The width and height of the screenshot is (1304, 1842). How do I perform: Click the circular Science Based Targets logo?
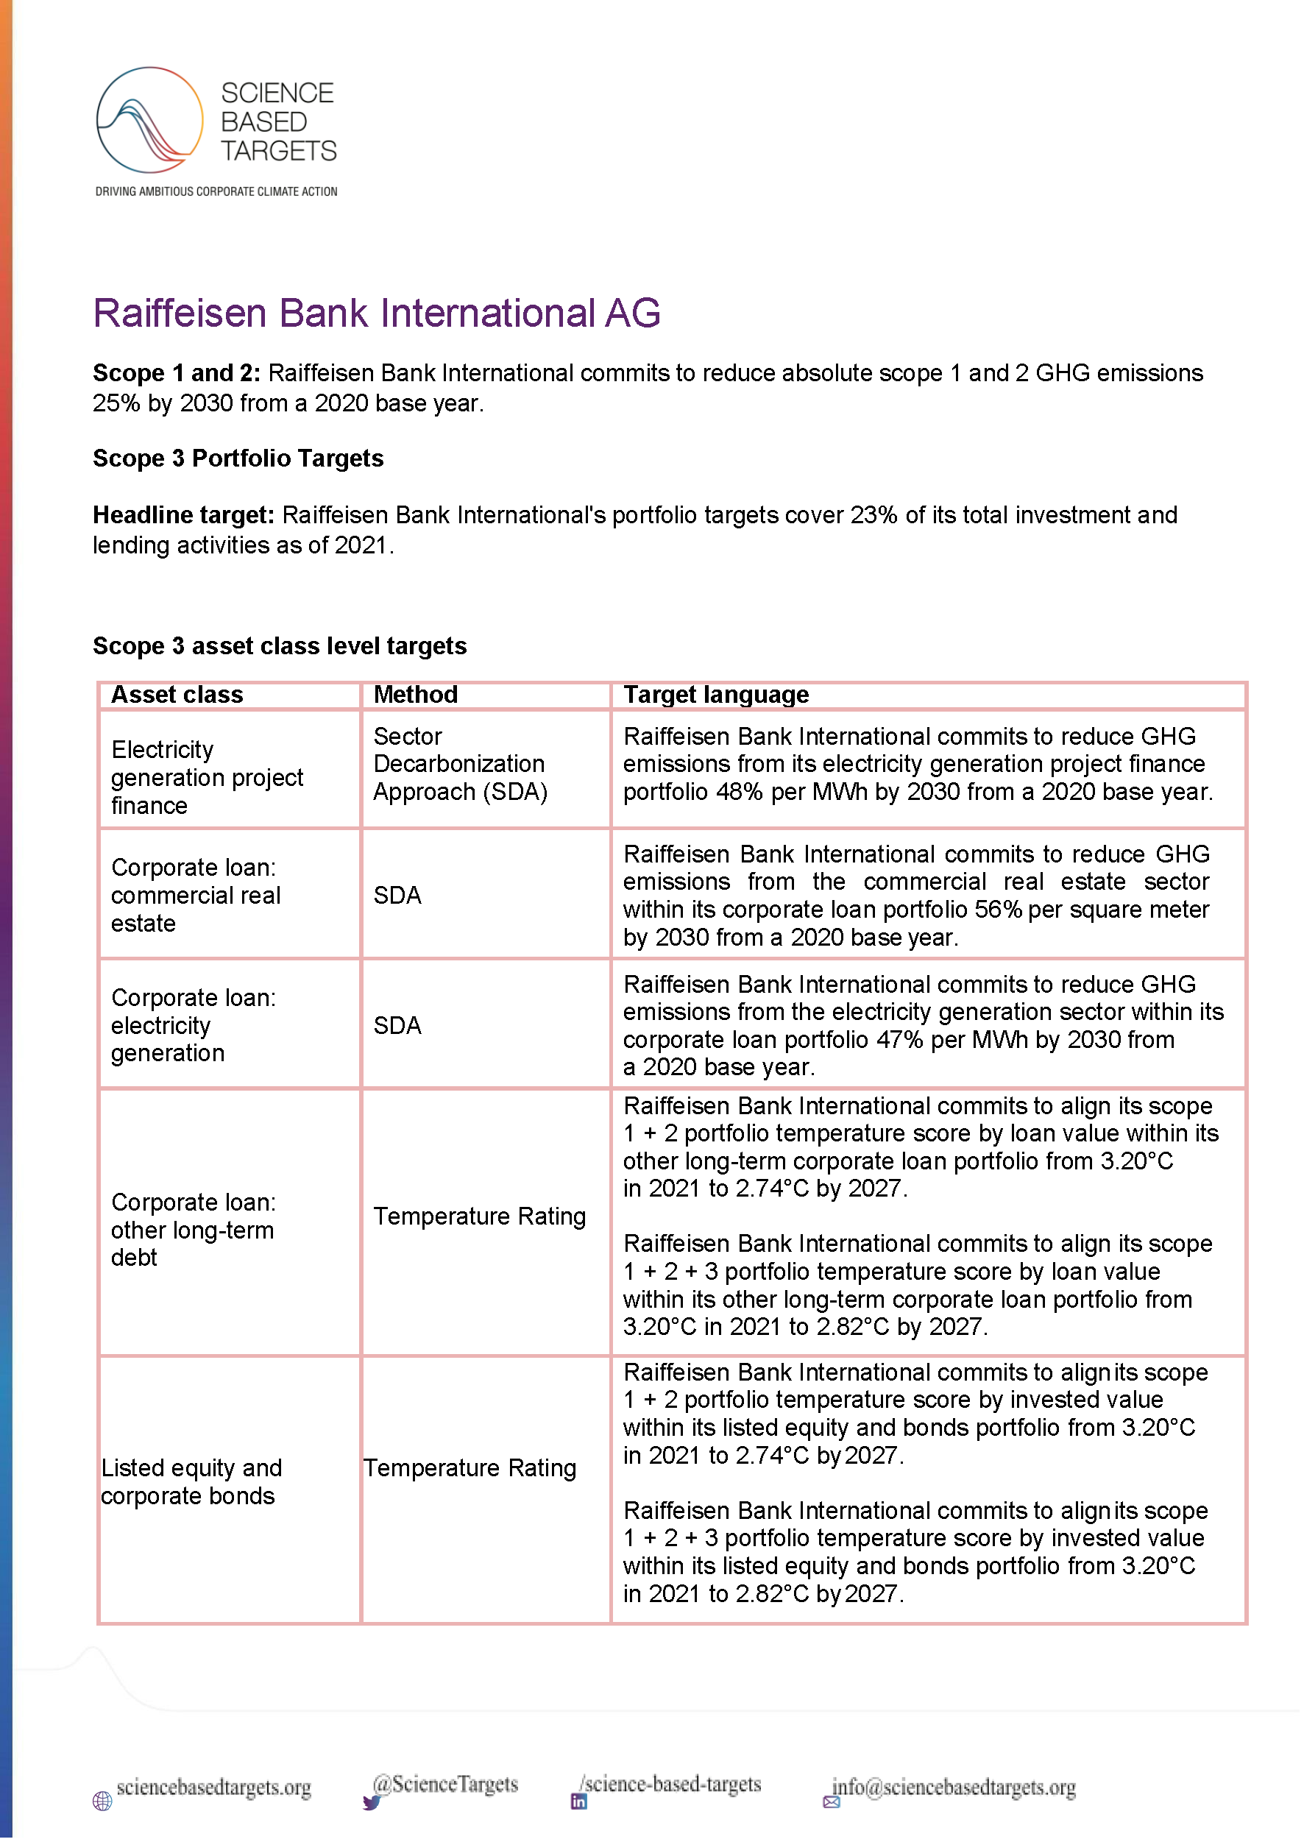coord(149,121)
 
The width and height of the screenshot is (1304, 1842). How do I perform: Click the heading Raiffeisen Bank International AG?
coord(377,314)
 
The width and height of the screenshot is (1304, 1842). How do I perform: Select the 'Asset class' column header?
coord(177,695)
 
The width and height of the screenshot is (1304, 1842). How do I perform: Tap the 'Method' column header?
coord(415,695)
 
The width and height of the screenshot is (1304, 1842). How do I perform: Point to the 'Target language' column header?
coord(715,695)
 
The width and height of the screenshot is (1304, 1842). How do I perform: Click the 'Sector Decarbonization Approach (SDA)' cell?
coord(459,764)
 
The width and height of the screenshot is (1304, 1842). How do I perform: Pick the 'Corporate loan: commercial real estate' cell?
coord(195,896)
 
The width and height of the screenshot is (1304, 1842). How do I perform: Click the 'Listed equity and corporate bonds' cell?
coord(191,1481)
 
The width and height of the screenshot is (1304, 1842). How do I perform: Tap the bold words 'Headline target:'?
coord(184,514)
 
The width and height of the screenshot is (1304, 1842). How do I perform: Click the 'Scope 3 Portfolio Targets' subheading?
coord(238,458)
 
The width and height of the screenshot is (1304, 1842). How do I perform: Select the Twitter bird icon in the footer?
coord(371,1802)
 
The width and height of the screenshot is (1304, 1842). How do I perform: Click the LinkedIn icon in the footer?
coord(578,1801)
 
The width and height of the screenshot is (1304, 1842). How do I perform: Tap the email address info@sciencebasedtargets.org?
coord(953,1788)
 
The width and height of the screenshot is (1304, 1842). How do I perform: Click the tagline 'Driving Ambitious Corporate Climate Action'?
coord(216,191)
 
